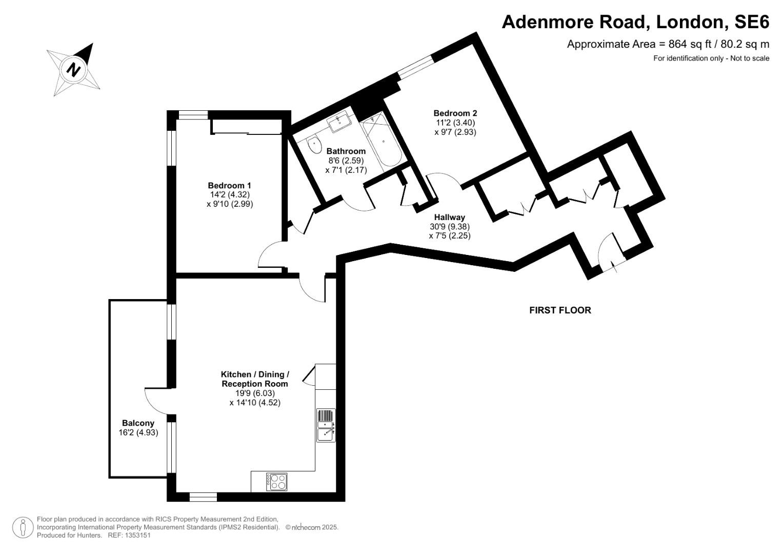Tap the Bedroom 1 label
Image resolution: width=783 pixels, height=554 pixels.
click(x=229, y=185)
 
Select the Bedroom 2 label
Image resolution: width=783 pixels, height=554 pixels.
click(x=455, y=113)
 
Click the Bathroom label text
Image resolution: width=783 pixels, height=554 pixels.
click(x=346, y=151)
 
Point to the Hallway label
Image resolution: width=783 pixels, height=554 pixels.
click(x=449, y=217)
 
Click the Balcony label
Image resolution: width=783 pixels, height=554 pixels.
click(x=138, y=423)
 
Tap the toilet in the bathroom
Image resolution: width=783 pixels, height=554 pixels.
click(x=313, y=145)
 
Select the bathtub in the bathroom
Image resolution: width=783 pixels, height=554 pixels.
click(x=383, y=141)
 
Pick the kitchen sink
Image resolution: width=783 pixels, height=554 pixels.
click(x=326, y=426)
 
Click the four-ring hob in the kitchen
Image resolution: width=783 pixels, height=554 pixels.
click(x=276, y=481)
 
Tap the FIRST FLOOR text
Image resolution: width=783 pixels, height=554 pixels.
click(x=560, y=310)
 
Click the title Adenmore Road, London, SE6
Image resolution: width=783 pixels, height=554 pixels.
click(x=635, y=22)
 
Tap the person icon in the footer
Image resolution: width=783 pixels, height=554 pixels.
click(x=23, y=527)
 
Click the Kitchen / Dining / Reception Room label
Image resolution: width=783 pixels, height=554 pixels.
click(x=255, y=379)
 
